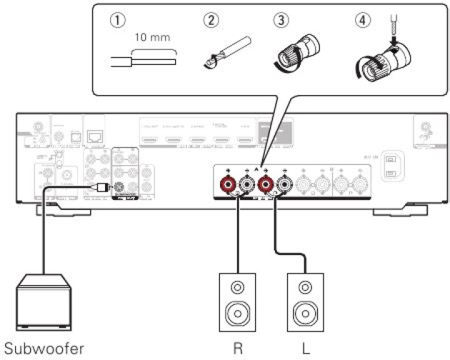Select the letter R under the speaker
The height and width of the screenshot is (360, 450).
(237, 347)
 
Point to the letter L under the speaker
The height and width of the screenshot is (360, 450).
(305, 347)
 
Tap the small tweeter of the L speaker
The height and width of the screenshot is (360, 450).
(305, 288)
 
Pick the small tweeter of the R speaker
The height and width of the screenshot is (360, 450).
(237, 288)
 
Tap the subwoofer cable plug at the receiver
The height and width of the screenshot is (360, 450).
(101, 186)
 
